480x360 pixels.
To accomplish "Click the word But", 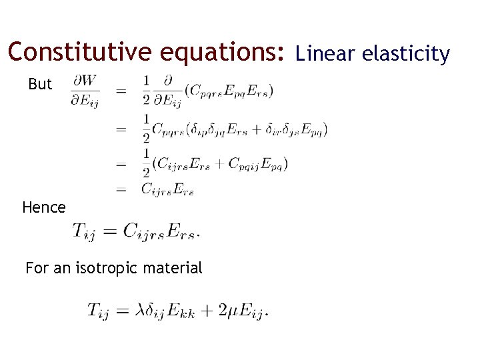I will [40, 85].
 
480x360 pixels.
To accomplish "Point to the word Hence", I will [44, 207].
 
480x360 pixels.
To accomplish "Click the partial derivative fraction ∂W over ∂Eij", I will [85, 91].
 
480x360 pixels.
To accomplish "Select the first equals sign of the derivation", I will [121, 91].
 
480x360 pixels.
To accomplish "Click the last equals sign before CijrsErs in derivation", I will [121, 190].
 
